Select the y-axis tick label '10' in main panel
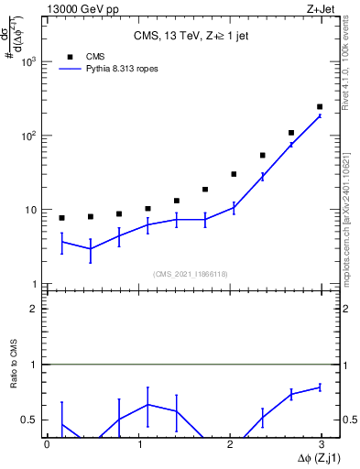tap(31, 211)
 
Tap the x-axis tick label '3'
tap(322, 444)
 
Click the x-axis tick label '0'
tap(47, 444)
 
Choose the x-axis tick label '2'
tap(231, 444)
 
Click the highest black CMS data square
tap(319, 107)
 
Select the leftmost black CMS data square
tap(61, 218)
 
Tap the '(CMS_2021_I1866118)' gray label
tap(191, 274)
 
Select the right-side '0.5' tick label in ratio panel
tap(348, 420)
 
